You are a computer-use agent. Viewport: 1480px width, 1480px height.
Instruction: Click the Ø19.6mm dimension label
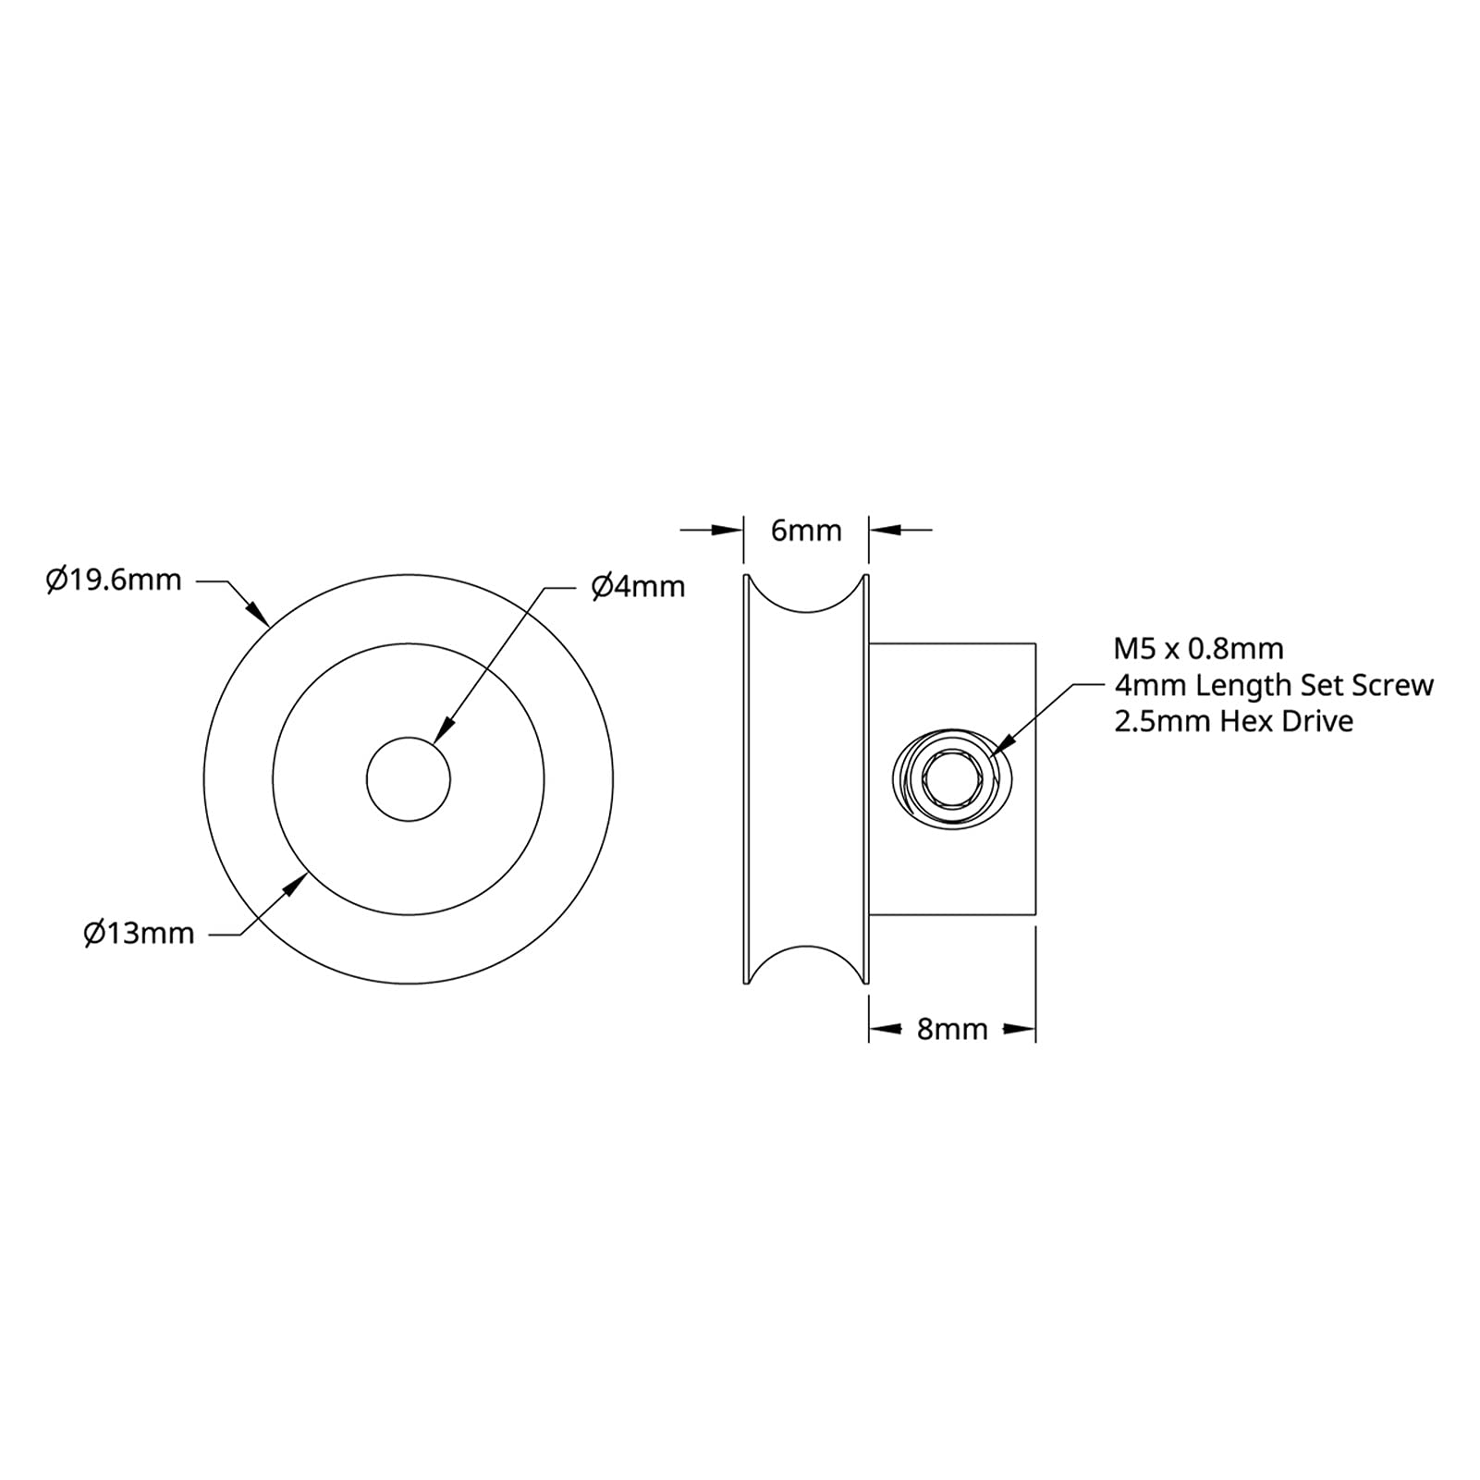coord(114,581)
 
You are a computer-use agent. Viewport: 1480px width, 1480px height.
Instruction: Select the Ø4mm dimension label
coord(638,586)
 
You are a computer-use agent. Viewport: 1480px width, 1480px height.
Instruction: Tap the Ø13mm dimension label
coord(139,934)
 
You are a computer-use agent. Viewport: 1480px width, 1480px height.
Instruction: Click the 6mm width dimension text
coord(806,531)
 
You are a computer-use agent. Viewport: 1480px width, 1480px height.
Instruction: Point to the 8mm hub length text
coord(952,1029)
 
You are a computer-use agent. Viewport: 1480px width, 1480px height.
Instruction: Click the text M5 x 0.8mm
coord(1198,649)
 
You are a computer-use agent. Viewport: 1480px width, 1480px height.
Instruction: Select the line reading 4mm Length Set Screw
coord(1273,685)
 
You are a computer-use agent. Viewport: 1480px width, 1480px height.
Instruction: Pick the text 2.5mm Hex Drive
coord(1233,721)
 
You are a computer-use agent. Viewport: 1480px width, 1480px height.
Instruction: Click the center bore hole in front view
coord(408,778)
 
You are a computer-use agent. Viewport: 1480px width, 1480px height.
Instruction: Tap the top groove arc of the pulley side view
coord(806,606)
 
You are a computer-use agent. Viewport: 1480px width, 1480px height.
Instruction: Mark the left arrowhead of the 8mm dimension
coord(885,1029)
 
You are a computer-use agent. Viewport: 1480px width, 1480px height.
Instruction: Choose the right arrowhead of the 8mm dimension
coord(1020,1029)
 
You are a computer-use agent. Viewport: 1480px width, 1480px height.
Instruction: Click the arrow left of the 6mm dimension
coord(728,530)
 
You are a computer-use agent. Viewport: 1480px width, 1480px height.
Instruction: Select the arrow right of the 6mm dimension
coord(885,530)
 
